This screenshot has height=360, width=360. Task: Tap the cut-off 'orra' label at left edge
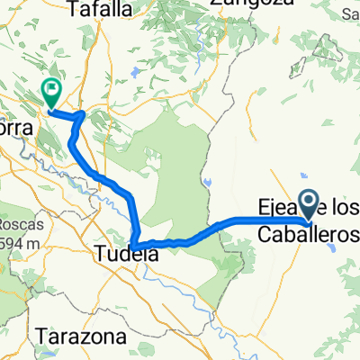tap(15, 128)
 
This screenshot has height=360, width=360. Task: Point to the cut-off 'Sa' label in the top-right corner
tap(352, 13)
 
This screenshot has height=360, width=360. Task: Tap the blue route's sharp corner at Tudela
tap(133, 247)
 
